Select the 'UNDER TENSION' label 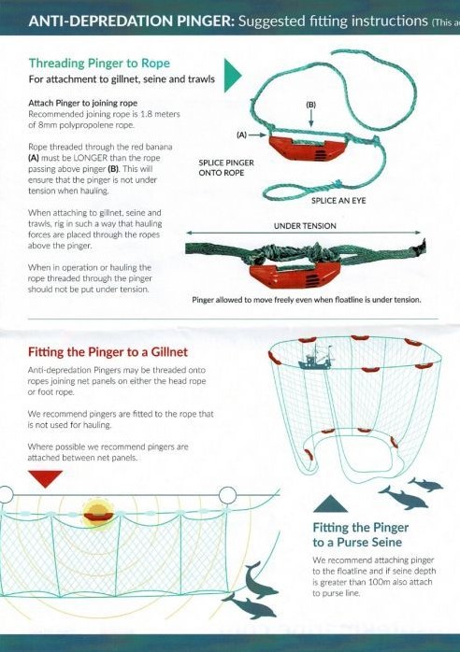click(x=305, y=225)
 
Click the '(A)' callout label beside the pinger click(x=241, y=135)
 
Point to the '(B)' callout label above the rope click(x=310, y=106)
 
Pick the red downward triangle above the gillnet click(x=45, y=478)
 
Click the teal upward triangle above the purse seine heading click(x=329, y=505)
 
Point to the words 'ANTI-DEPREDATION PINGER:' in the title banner click(x=103, y=21)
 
